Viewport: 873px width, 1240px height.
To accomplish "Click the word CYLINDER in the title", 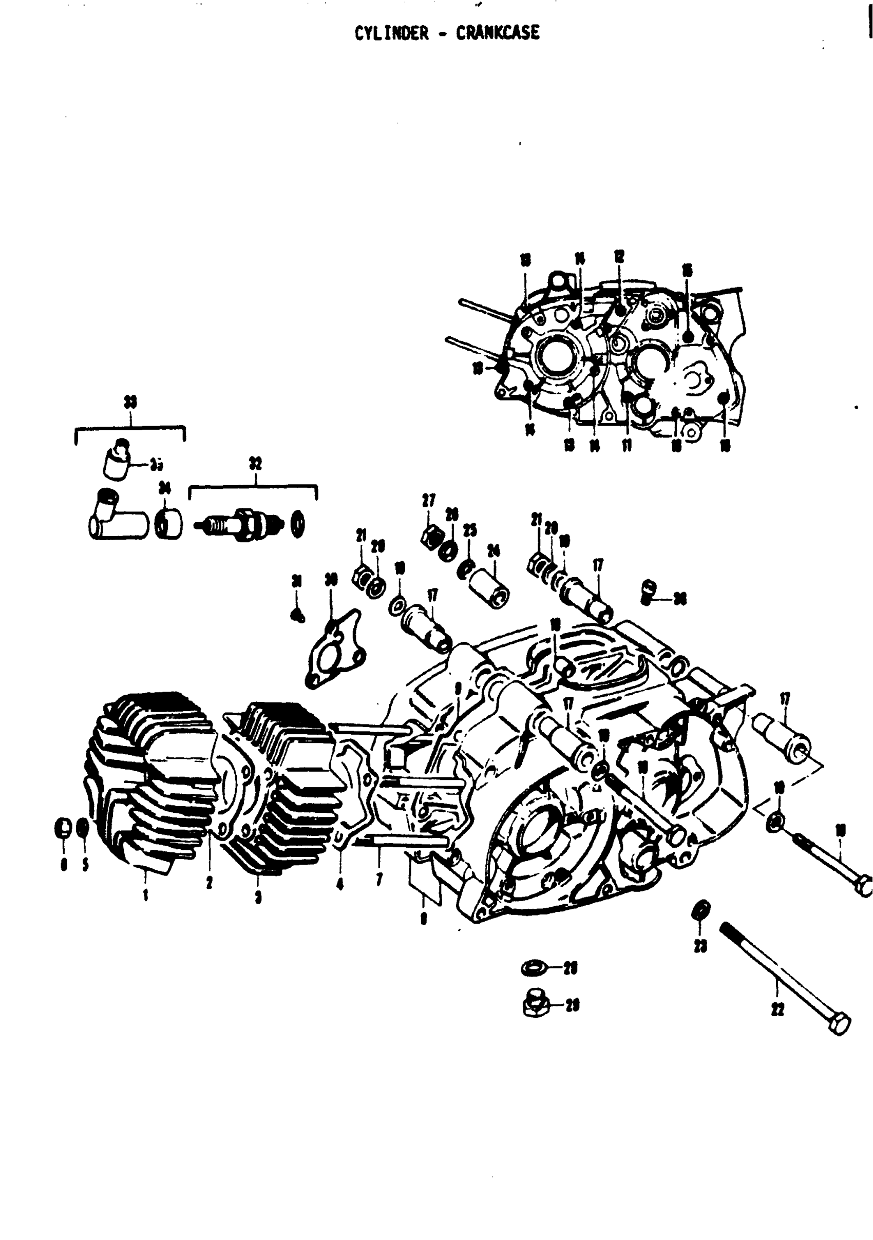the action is [x=391, y=33].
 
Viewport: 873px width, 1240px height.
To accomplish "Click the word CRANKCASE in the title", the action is [x=498, y=33].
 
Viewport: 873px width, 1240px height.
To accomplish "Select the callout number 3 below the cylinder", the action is [x=258, y=897].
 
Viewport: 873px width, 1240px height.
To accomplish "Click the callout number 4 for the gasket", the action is [x=340, y=885].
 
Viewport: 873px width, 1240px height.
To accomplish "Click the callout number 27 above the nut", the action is [x=429, y=500].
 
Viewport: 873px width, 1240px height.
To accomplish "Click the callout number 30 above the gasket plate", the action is [x=331, y=580].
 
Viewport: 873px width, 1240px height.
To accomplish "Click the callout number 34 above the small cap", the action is [x=165, y=488].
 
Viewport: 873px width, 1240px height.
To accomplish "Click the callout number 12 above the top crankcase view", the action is [x=619, y=256].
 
